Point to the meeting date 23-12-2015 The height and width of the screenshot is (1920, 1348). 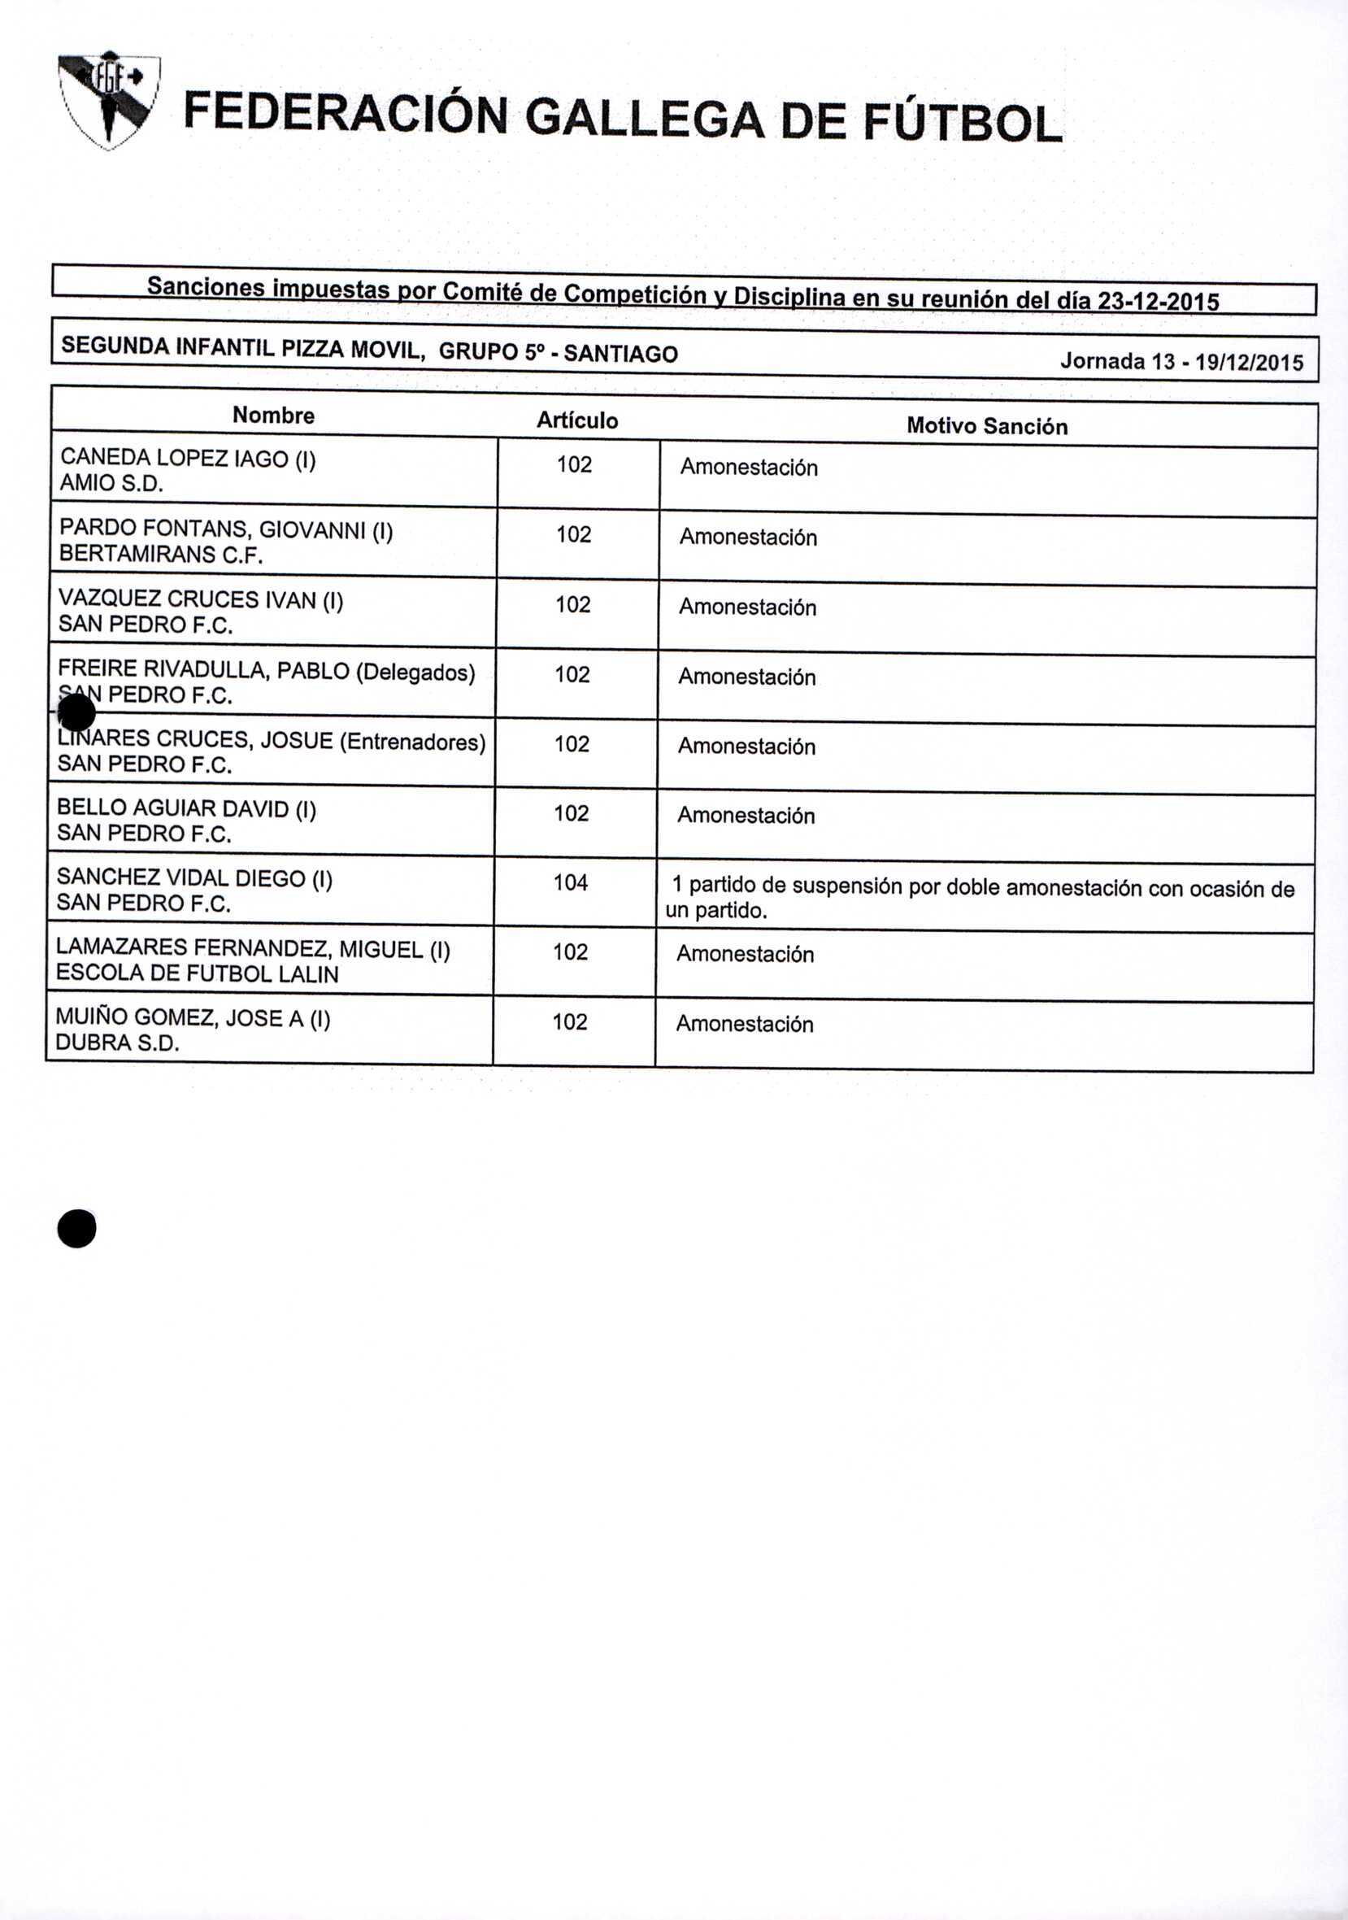(x=1157, y=301)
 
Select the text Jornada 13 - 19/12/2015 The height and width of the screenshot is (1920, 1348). (x=1181, y=362)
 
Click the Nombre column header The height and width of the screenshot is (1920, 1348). (x=273, y=416)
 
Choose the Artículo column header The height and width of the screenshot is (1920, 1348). (x=577, y=420)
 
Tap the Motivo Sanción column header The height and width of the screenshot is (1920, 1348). (x=987, y=426)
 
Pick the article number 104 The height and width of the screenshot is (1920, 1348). (x=570, y=882)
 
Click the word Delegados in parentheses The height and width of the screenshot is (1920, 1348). (x=415, y=673)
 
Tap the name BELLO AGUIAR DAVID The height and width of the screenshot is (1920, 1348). (x=173, y=808)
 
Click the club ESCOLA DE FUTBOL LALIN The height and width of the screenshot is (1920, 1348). (x=198, y=974)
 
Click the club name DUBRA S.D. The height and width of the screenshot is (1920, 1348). (x=117, y=1043)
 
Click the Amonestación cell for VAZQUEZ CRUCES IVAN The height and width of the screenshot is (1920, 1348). (x=748, y=607)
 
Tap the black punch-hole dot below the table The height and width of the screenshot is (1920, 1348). (x=77, y=1230)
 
